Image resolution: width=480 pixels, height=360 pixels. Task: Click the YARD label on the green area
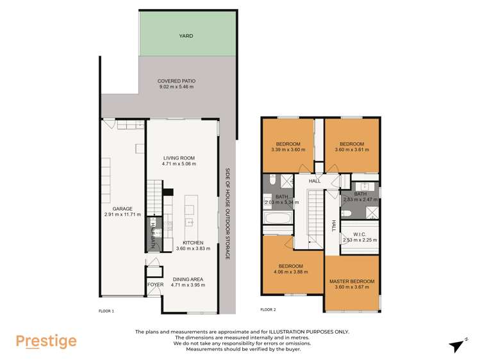186,36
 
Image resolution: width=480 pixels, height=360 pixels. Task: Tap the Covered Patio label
177,81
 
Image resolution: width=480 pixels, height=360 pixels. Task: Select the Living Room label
178,158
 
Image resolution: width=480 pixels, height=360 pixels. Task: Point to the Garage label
122,209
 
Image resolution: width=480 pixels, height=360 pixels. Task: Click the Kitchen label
193,243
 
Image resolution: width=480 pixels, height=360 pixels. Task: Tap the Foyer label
155,283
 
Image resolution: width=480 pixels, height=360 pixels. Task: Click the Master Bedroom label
352,281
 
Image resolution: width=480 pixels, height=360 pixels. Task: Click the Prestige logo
46,341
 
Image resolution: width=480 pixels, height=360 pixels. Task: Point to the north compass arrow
458,345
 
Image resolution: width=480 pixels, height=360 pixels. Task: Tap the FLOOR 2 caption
268,309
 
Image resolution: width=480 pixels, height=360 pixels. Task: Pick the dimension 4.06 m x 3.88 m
290,272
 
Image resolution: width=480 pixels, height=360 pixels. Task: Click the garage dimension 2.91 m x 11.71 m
122,216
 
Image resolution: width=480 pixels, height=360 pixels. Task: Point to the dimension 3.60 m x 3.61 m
352,150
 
